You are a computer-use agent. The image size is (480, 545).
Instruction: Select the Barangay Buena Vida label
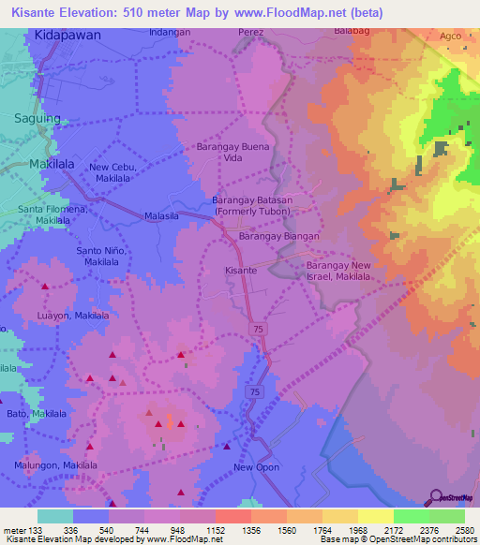coord(232,153)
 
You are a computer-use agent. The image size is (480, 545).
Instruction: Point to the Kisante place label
coord(241,270)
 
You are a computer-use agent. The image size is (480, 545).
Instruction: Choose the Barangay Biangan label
coord(279,237)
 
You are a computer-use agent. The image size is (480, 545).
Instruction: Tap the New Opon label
coord(256,467)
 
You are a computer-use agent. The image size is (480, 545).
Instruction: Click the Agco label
coord(451,36)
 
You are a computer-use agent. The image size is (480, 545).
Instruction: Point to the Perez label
coord(251,32)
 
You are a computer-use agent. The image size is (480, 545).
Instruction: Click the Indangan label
coord(170,32)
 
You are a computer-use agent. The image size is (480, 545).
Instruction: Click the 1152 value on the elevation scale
coord(215,530)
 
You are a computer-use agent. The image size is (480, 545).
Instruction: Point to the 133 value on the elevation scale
coord(37,530)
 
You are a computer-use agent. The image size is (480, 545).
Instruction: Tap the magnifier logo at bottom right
coord(436,496)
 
